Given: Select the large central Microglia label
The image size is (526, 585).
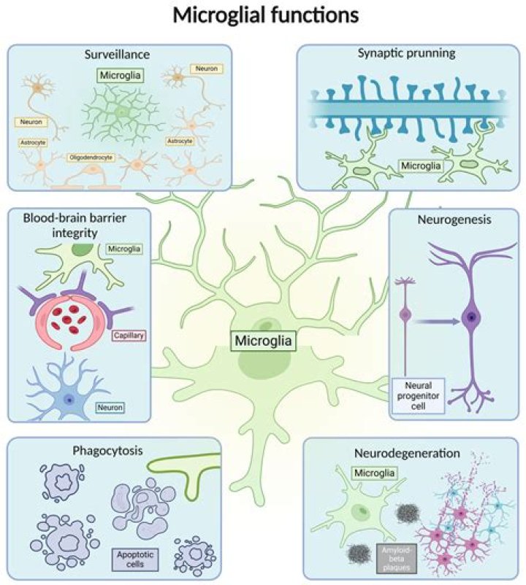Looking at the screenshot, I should point(264,341).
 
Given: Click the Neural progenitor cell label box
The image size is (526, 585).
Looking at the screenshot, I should point(418,395).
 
